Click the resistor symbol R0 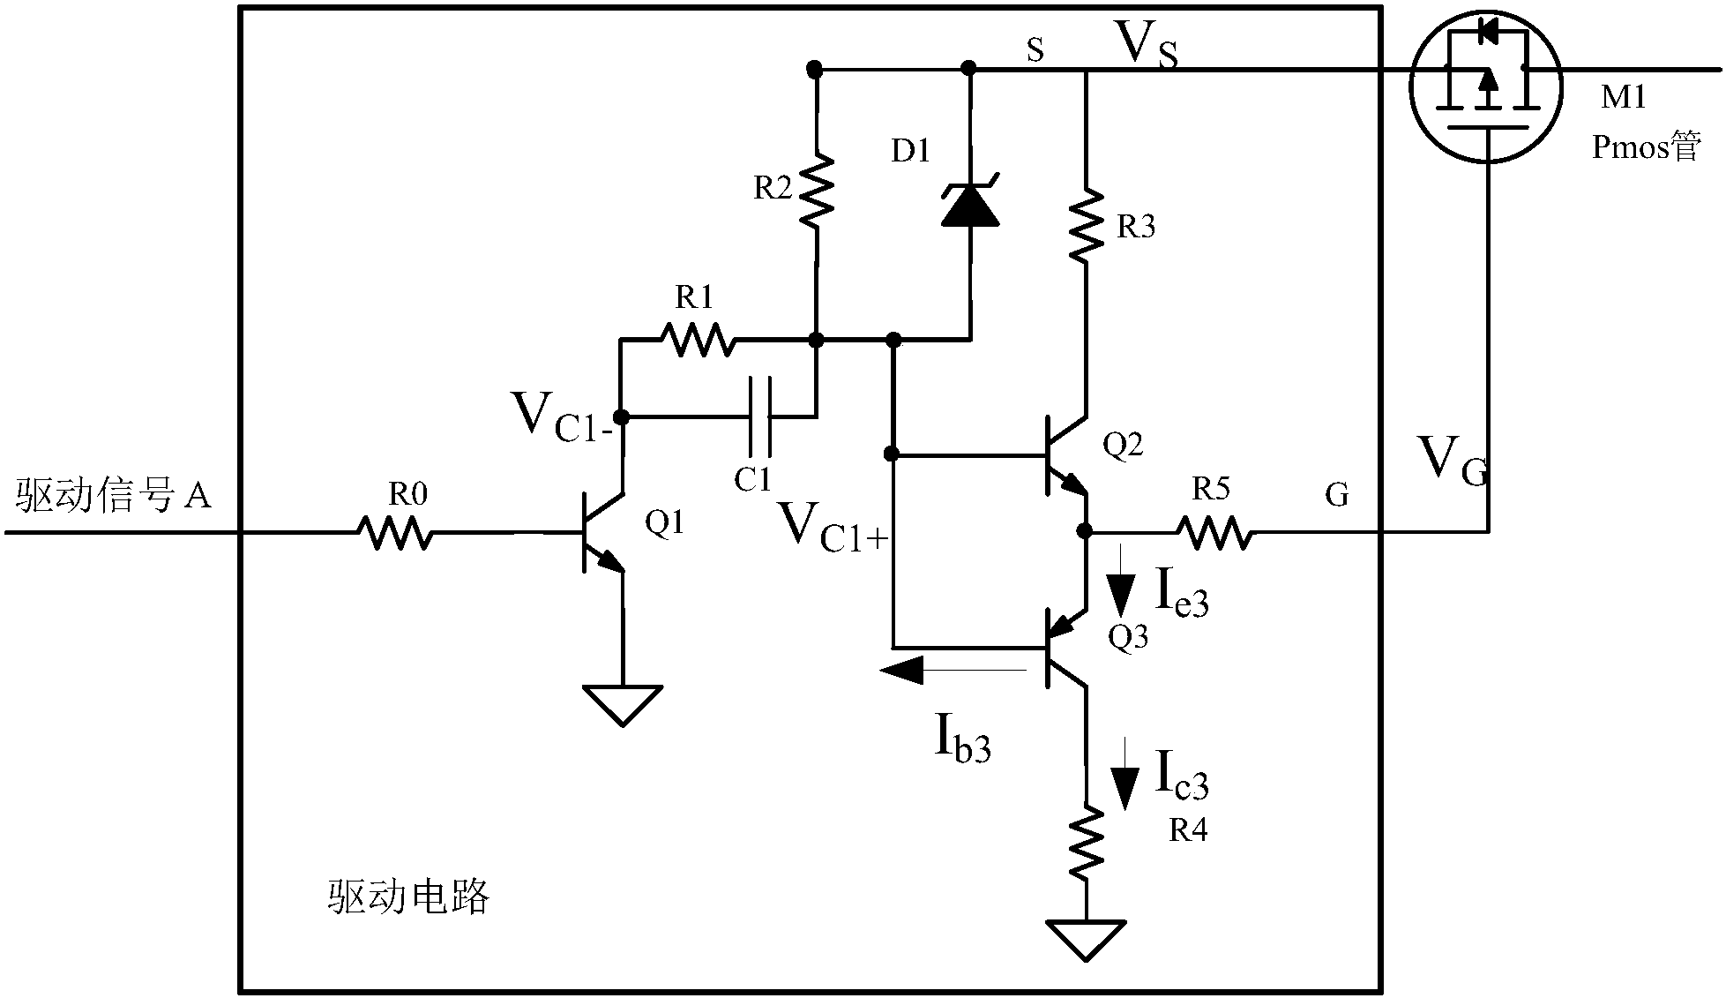tap(394, 533)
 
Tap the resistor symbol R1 tap(698, 339)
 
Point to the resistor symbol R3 tap(1086, 225)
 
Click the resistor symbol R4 tap(1086, 843)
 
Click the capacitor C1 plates tap(760, 416)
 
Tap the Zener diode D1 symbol tap(969, 205)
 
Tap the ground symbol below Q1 tap(623, 705)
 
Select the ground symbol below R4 tap(1086, 939)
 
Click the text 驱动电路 tap(407, 897)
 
